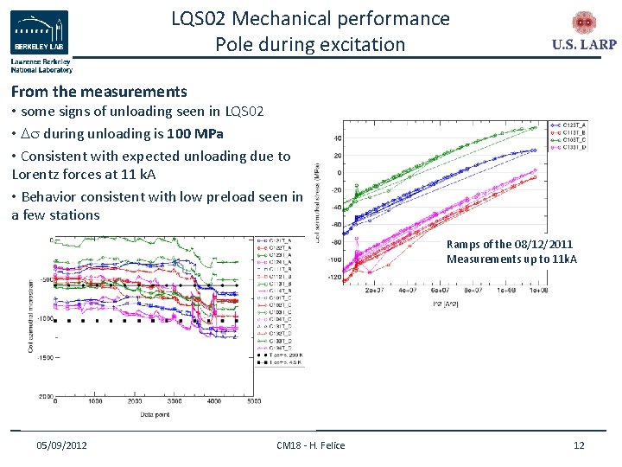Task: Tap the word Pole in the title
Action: [237, 44]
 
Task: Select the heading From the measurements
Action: [98, 91]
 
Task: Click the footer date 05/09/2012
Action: [61, 445]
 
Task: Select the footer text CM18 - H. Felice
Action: [310, 445]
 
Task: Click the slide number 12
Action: [579, 445]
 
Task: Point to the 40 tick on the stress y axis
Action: [336, 138]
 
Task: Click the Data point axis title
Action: [155, 415]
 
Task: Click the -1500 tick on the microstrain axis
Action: [44, 356]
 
